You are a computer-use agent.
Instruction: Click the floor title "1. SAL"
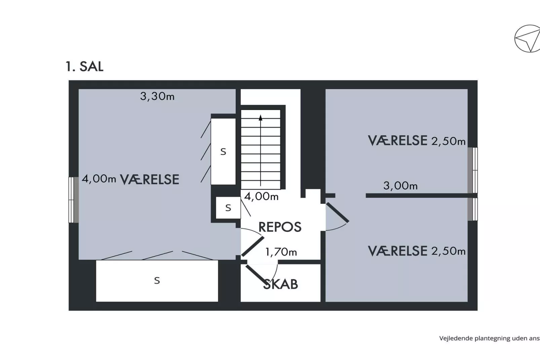(84, 66)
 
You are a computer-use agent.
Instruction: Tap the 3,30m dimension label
(157, 97)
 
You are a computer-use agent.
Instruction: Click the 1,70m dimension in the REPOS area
(281, 252)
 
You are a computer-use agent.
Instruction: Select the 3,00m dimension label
(400, 185)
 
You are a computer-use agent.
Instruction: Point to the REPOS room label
(280, 227)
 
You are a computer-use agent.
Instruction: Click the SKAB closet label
(280, 284)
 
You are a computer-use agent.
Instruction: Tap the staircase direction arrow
(261, 117)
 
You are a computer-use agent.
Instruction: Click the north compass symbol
(527, 39)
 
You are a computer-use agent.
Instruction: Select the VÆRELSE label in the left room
(150, 179)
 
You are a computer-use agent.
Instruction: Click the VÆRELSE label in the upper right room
(397, 140)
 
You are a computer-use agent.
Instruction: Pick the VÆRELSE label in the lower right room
(397, 251)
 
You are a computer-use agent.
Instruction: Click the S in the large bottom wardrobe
(157, 280)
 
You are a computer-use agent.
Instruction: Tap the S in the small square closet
(228, 208)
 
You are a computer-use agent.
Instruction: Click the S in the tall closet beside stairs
(223, 152)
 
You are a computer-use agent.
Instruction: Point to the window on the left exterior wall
(73, 200)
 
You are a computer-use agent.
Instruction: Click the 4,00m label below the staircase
(261, 196)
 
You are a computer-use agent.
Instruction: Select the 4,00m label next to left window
(99, 179)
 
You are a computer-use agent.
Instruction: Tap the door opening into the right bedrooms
(337, 213)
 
